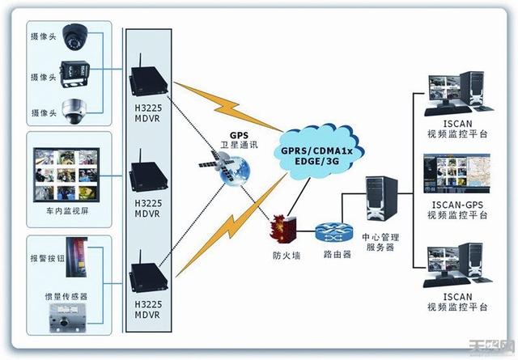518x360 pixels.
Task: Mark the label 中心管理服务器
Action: [378, 242]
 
